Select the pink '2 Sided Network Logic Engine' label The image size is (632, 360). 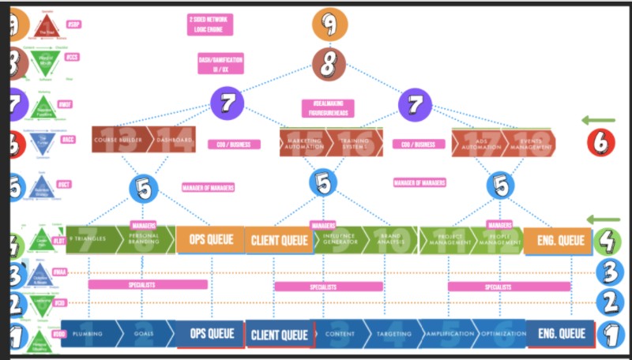tap(209, 24)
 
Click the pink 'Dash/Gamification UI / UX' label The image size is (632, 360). tap(220, 64)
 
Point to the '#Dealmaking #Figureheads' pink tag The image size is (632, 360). tap(329, 108)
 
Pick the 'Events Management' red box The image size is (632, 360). tap(530, 142)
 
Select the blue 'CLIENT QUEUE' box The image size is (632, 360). tap(279, 336)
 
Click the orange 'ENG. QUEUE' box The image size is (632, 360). tap(557, 240)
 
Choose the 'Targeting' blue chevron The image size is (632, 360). tap(389, 334)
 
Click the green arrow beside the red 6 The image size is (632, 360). tap(598, 121)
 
